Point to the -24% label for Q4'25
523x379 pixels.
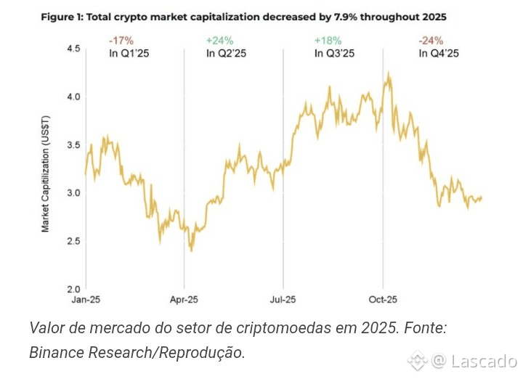coord(431,41)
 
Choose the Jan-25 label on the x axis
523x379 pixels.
coord(86,298)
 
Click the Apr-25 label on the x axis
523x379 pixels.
coord(184,298)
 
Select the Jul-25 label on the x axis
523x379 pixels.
coord(283,298)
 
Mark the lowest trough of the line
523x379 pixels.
coord(191,250)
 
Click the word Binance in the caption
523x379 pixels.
coord(57,353)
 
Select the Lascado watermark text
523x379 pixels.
coord(484,361)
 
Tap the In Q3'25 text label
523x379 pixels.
coord(333,53)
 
